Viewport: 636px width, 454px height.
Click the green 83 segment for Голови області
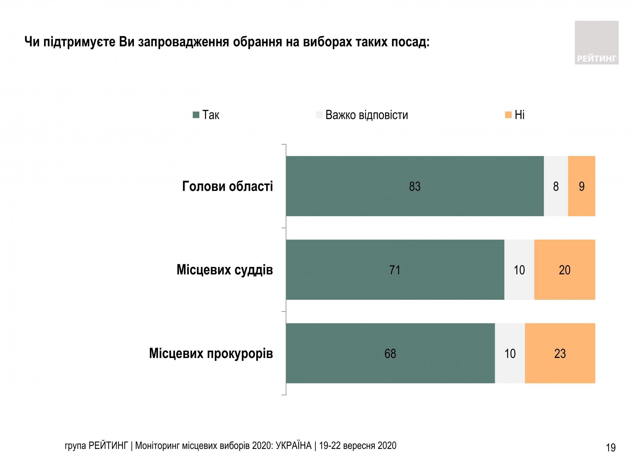415,186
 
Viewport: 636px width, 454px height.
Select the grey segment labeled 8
556,186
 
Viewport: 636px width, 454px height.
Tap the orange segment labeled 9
581,186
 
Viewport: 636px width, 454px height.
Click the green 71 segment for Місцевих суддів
395,270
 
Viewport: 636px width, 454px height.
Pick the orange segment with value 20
564,270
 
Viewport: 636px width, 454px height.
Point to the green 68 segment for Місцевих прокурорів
390,353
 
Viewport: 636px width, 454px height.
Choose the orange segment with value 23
560,353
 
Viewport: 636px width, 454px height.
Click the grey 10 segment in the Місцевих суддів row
519,270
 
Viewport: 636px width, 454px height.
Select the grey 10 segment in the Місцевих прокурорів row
510,353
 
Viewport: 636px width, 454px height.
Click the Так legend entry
206,115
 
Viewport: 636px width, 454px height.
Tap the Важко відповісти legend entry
363,115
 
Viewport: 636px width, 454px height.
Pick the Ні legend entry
515,115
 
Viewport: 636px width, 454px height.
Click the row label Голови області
227,186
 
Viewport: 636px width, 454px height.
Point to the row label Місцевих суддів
225,270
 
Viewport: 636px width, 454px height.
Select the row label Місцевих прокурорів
211,354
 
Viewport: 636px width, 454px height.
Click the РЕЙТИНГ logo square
596,43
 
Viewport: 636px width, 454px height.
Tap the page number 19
611,448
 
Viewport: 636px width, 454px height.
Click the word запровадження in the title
183,42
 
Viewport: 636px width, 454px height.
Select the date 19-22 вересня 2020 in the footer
358,445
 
